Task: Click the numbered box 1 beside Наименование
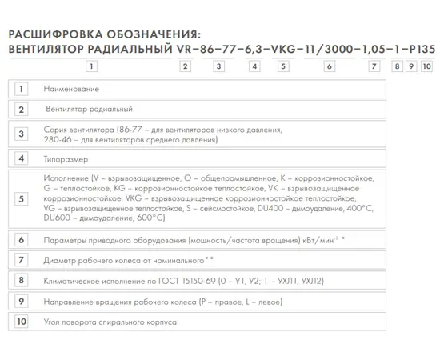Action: [x=22, y=88]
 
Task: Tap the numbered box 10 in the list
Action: [x=22, y=322]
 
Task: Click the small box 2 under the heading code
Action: [x=186, y=66]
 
